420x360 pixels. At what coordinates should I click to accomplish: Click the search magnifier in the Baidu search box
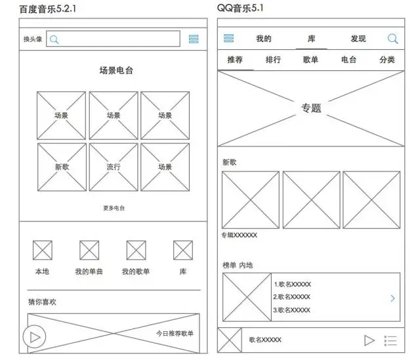[54, 39]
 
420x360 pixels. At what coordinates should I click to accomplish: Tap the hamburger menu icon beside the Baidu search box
[194, 39]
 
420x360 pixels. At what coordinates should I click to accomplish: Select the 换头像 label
[33, 39]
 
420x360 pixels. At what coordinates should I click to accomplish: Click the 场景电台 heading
[116, 71]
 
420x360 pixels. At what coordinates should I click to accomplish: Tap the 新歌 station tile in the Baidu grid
[62, 167]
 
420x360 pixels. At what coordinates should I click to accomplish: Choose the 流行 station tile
[114, 167]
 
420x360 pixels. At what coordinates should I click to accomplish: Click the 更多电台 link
[114, 208]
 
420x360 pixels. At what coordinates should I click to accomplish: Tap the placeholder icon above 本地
[43, 250]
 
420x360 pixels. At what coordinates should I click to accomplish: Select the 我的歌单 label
[136, 271]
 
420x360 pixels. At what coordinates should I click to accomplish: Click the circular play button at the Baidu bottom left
[34, 337]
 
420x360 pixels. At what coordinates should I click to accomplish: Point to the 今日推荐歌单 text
[175, 333]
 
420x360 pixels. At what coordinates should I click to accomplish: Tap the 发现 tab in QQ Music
[358, 39]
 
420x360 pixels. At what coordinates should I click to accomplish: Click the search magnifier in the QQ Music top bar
[392, 39]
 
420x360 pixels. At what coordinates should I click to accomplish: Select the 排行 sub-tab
[273, 60]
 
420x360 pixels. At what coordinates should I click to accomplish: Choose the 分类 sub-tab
[387, 60]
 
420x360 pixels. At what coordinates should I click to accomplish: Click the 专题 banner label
[311, 108]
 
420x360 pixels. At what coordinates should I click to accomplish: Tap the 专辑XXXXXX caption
[240, 235]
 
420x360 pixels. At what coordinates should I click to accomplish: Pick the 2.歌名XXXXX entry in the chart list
[292, 297]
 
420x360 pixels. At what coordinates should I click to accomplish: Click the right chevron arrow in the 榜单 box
[392, 298]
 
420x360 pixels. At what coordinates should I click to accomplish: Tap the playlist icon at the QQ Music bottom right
[390, 340]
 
